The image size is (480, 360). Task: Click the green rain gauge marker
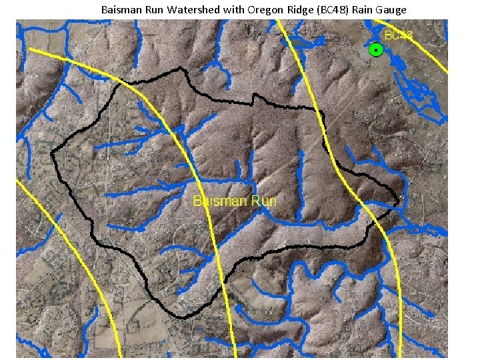click(x=376, y=49)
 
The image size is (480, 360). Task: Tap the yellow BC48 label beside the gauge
click(x=399, y=35)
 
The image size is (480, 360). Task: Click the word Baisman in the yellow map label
click(x=216, y=201)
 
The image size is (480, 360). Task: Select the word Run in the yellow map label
click(x=261, y=201)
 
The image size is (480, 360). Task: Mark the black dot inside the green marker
click(x=376, y=49)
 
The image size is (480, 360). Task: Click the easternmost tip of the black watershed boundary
click(x=399, y=200)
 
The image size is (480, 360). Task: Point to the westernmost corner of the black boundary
click(x=51, y=153)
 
